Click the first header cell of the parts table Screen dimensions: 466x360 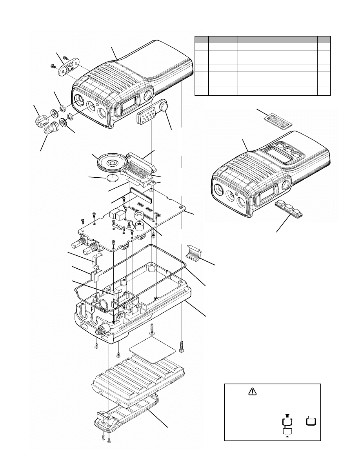click(202, 39)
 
